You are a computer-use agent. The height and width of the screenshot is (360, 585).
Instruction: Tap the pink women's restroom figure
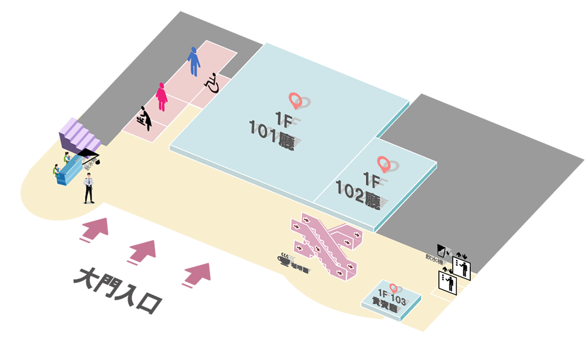[x=161, y=97]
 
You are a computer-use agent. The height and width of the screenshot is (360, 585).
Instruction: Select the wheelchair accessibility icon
[x=212, y=83]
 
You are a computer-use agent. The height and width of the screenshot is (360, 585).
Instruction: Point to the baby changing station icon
[x=144, y=118]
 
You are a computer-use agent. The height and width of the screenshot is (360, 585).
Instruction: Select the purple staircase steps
[x=82, y=137]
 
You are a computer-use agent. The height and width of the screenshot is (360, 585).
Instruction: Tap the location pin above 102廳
[x=384, y=164]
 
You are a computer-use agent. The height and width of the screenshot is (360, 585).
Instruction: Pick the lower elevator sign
[x=448, y=283]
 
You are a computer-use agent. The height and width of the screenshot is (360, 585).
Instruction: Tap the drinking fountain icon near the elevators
[x=442, y=251]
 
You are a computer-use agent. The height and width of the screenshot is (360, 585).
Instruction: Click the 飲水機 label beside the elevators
[x=433, y=258]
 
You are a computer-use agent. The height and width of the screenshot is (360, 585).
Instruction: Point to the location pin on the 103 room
[x=394, y=288]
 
